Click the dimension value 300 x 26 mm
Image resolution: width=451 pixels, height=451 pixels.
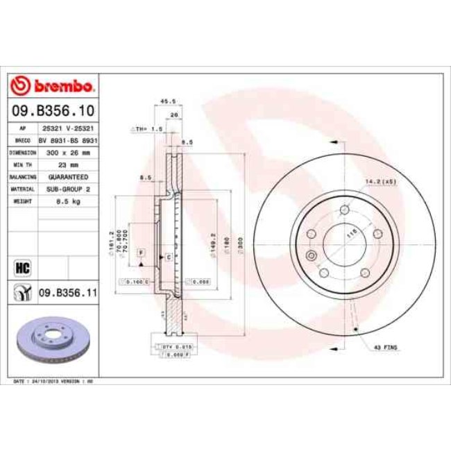pyautogui.click(x=69, y=152)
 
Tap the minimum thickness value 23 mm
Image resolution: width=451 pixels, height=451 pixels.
pyautogui.click(x=69, y=164)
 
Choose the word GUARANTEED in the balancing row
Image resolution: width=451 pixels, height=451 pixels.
pyautogui.click(x=69, y=177)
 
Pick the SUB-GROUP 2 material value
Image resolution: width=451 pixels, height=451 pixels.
pyautogui.click(x=69, y=189)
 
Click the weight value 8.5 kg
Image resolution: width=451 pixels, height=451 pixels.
pyautogui.click(x=69, y=201)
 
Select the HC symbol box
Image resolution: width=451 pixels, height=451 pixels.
pyautogui.click(x=21, y=266)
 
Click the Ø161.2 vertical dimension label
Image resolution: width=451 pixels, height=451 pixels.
pyautogui.click(x=111, y=239)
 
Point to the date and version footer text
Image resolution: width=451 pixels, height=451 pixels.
pyautogui.click(x=53, y=381)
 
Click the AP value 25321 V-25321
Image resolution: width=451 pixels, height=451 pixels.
pyautogui.click(x=69, y=128)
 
